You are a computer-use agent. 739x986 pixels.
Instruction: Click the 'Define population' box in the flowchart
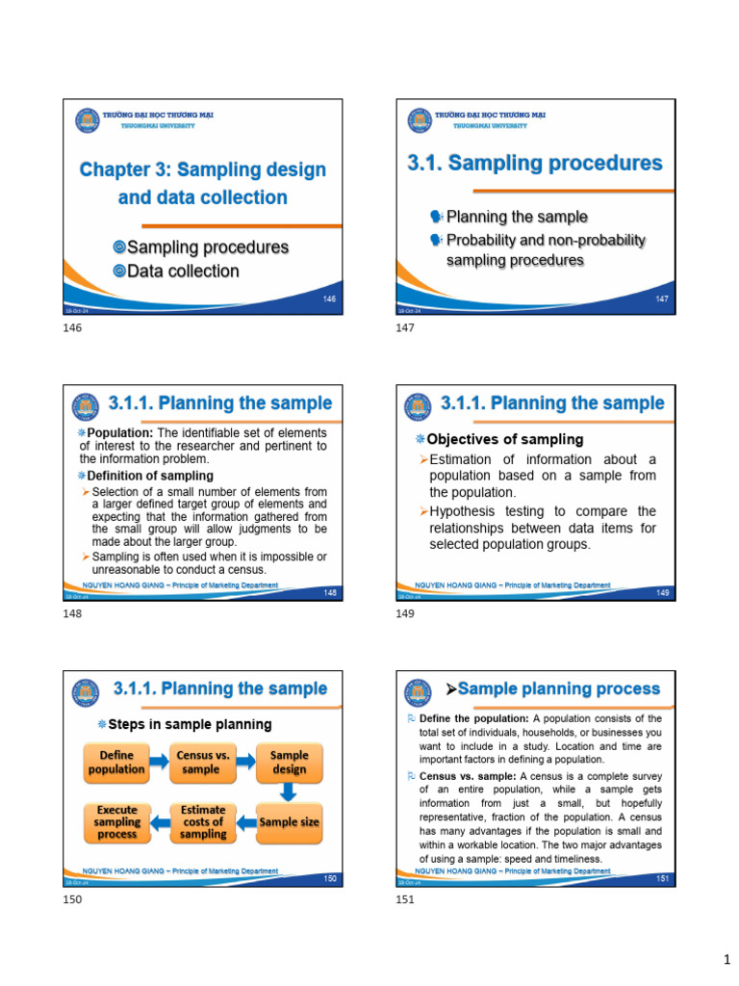(x=117, y=762)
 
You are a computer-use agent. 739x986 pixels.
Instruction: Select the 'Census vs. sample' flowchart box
(x=203, y=762)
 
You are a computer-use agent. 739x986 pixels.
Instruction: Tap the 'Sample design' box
(x=289, y=762)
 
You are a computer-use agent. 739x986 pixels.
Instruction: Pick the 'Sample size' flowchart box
(x=290, y=822)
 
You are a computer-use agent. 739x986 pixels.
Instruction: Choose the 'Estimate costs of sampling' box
(x=203, y=822)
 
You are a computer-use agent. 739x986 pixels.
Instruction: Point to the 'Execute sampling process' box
(x=117, y=822)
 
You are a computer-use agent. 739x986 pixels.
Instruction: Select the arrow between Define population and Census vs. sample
(x=160, y=762)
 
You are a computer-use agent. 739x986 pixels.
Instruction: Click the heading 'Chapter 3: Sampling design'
(x=202, y=169)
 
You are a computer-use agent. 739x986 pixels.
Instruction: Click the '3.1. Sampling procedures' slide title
(x=535, y=163)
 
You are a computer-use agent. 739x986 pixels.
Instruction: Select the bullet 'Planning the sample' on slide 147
(x=517, y=217)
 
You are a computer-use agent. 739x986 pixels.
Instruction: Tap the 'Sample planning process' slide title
(x=558, y=688)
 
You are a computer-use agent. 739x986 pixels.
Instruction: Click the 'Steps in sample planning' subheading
(x=190, y=724)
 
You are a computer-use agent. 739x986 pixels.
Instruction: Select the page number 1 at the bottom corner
(x=727, y=960)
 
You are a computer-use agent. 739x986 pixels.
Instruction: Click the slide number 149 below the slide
(x=405, y=614)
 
